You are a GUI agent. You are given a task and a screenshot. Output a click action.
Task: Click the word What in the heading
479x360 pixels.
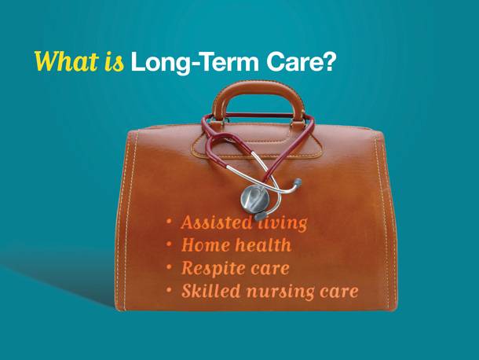pos(65,61)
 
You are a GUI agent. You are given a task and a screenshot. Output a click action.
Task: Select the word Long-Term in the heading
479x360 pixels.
pos(195,62)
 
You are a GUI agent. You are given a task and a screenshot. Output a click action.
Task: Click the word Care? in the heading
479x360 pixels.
pos(300,61)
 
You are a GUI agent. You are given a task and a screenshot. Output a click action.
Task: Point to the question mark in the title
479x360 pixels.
pos(328,61)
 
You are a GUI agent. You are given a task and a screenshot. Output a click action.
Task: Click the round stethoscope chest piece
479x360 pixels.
pos(254,199)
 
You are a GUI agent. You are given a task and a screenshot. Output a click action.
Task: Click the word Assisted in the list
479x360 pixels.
pos(217,222)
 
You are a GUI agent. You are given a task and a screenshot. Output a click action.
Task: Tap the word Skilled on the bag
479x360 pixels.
pos(210,291)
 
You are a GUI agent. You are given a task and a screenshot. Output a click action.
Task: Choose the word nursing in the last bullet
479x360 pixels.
pos(280,292)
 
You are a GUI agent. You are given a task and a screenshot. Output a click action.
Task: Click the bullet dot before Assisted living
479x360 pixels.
pos(169,222)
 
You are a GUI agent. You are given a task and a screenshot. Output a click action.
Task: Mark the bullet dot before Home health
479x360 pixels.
pos(169,244)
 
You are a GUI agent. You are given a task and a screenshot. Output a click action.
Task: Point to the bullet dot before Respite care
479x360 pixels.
pos(169,267)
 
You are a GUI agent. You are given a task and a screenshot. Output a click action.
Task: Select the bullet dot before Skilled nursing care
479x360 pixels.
pos(169,290)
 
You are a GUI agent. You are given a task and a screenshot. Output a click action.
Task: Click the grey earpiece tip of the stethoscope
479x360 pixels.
pos(298,182)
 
